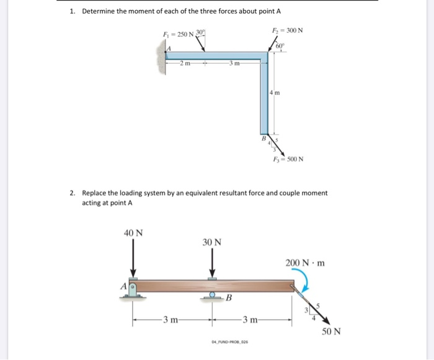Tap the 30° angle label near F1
pos(201,32)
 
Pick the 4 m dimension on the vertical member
pos(276,94)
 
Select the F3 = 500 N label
pos(289,159)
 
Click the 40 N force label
pos(133,234)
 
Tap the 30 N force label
pos(212,242)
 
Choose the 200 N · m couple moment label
pos(305,263)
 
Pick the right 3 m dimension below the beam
pos(253,320)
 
